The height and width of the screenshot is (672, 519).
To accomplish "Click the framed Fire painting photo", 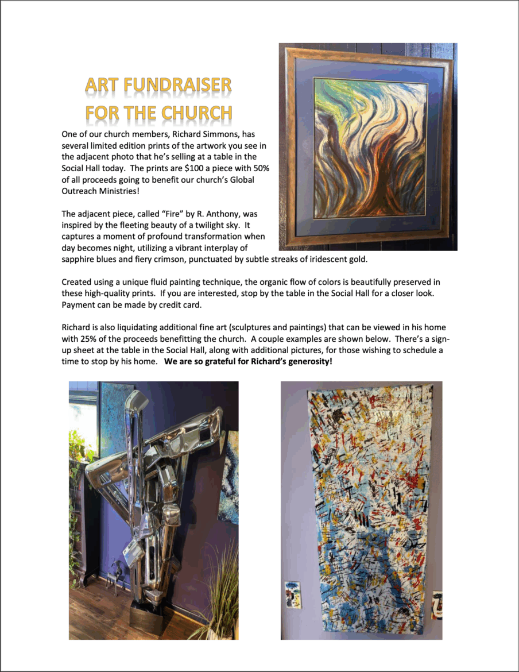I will coord(368,146).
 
